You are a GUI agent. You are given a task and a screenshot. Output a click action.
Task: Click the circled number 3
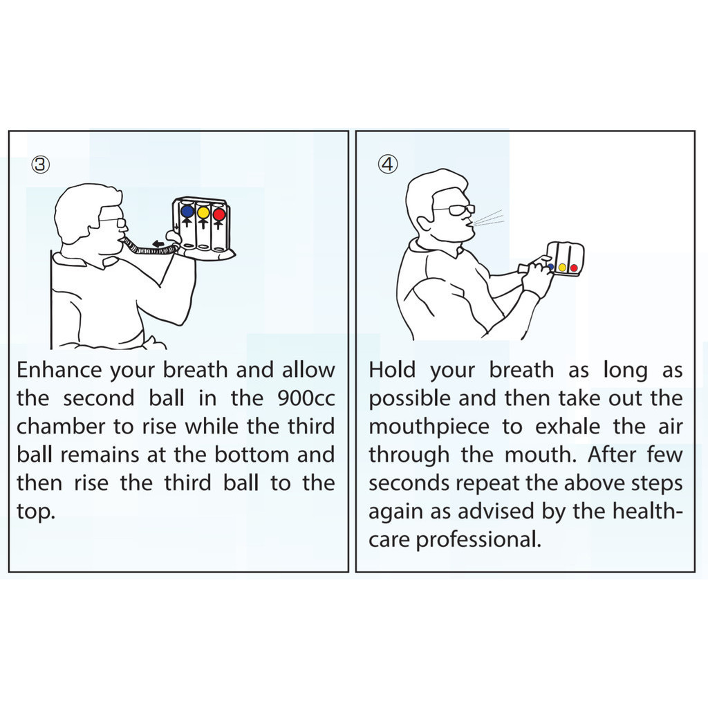40,165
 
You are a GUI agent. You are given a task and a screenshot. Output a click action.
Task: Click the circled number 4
388,164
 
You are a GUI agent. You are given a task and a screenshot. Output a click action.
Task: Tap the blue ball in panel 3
187,212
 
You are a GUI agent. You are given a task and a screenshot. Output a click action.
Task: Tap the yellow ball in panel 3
203,212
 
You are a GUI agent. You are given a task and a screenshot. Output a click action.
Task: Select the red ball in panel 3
219,214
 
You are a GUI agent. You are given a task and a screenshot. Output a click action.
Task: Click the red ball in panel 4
573,268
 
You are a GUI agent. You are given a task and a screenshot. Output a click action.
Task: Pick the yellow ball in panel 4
562,268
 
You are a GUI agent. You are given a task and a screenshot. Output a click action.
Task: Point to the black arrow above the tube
159,244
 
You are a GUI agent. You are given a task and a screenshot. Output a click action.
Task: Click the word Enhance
59,371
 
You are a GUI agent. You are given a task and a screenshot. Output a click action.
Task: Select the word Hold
392,371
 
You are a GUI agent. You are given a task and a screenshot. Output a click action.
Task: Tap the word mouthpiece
429,427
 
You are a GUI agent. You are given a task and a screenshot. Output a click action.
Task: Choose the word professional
478,540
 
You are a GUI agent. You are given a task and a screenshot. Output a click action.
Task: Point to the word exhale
568,427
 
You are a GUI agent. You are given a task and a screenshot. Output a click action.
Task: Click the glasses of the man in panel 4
454,210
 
